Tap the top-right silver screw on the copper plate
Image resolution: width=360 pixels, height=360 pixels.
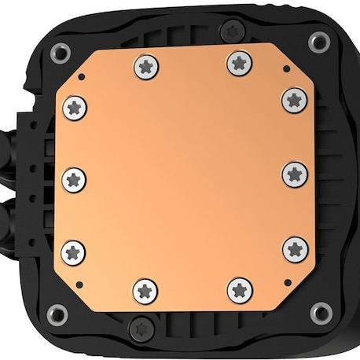(241, 61)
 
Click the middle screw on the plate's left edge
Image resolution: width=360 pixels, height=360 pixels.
(74, 176)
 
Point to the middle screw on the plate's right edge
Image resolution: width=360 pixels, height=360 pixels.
(295, 173)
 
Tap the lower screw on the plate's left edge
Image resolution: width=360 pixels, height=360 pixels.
(75, 252)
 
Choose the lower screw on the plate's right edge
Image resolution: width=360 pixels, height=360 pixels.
(295, 248)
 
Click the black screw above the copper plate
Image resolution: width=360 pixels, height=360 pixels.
(230, 31)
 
